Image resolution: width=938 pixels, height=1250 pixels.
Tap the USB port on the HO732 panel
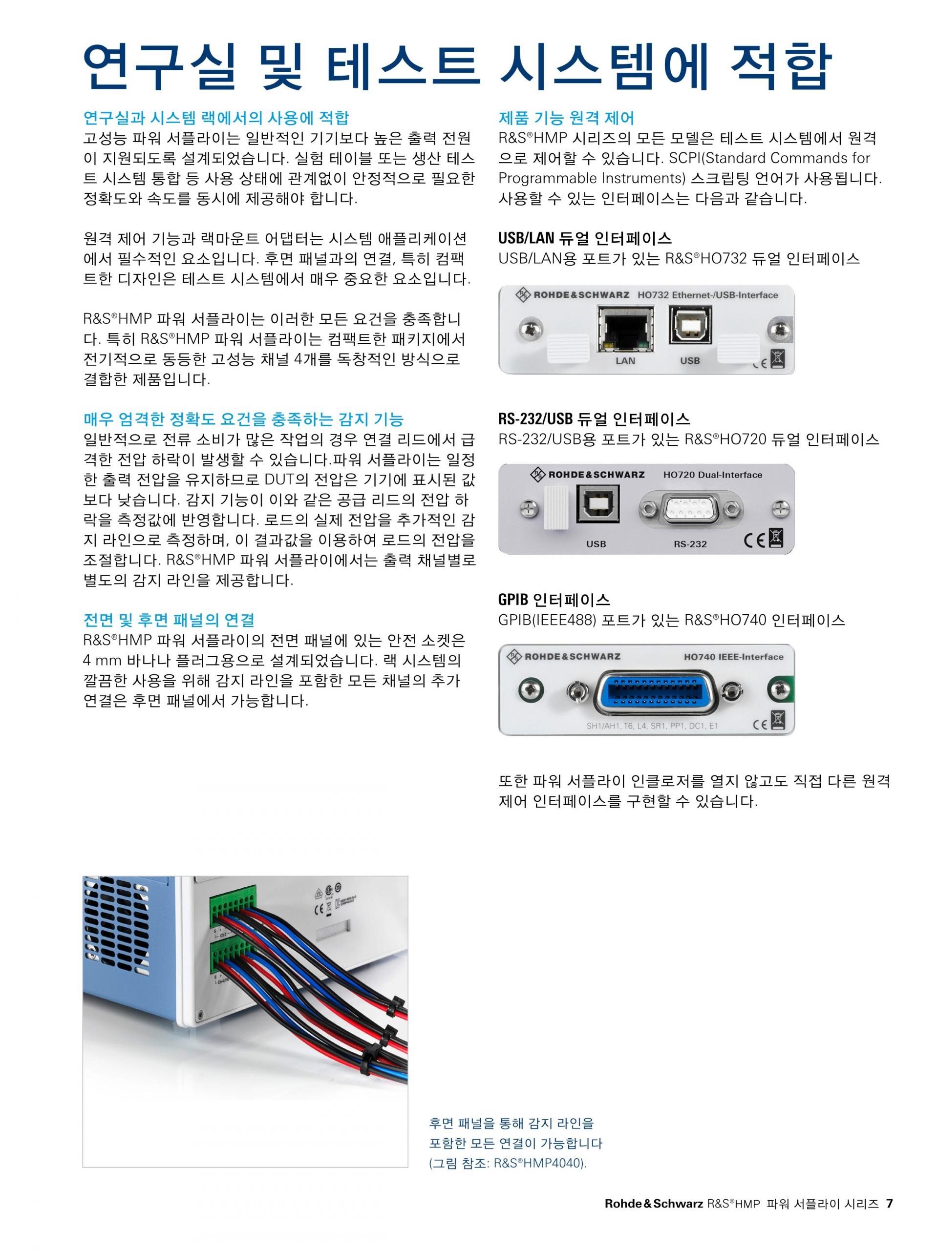point(690,324)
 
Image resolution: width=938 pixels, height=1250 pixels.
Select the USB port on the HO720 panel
point(597,503)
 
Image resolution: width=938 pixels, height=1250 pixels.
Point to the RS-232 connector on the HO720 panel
point(689,510)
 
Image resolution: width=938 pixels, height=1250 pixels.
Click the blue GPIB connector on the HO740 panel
point(657,692)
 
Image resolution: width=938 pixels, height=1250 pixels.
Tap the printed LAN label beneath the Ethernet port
point(625,360)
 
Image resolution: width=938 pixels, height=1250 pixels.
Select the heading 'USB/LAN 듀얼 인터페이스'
point(585,238)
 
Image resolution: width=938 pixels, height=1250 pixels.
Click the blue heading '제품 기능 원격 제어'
point(566,118)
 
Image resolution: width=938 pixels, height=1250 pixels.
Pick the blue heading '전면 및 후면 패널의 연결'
point(169,620)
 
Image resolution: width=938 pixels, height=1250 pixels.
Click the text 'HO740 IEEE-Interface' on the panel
point(733,657)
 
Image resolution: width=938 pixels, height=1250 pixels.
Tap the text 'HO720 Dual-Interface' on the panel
point(712,475)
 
